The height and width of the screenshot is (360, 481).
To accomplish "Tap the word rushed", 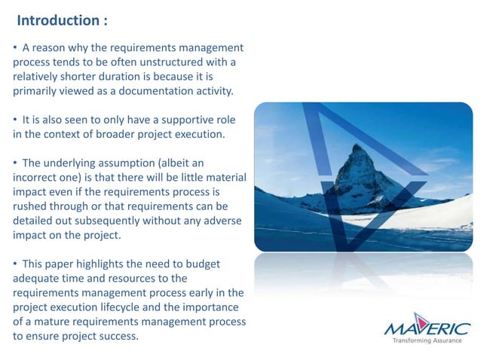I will (x=31, y=206).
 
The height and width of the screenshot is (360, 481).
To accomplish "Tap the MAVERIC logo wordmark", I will (x=427, y=328).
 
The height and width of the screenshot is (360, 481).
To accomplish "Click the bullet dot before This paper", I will (x=15, y=264).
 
